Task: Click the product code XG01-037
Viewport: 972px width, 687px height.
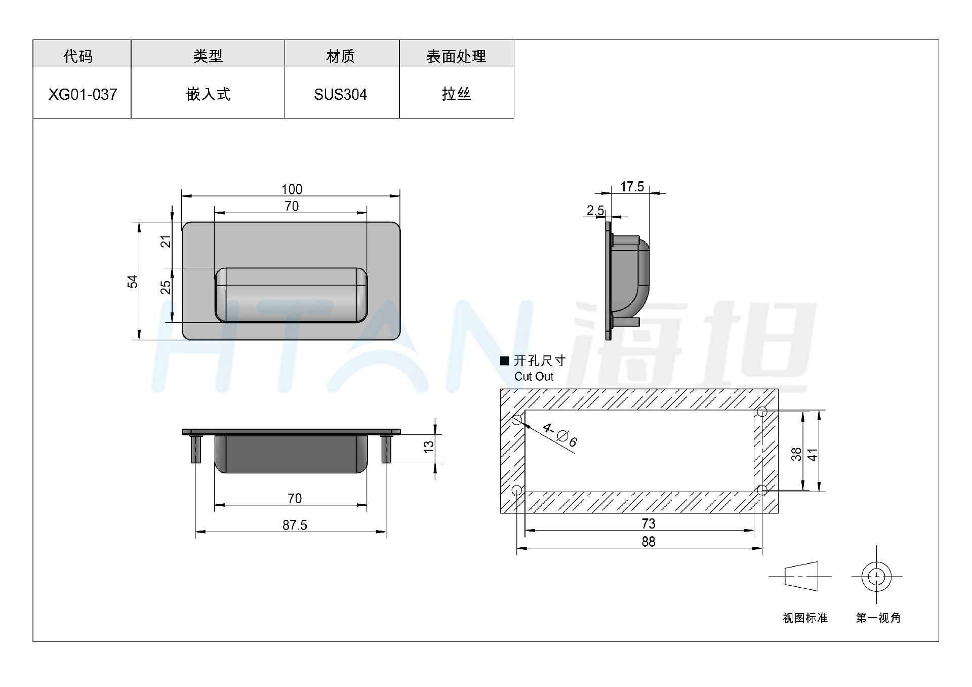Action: tap(83, 95)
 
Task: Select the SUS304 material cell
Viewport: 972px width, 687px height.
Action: tap(340, 95)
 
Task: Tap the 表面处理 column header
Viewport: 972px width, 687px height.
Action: tap(456, 56)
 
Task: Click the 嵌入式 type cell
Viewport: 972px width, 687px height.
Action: tap(208, 94)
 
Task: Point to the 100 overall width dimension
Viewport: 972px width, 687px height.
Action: tap(292, 189)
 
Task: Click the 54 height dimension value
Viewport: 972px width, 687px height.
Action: tap(132, 281)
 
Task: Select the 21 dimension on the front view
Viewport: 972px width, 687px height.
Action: tap(166, 242)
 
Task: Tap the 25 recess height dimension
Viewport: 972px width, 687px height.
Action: tap(166, 288)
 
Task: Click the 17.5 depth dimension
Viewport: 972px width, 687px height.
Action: tap(632, 187)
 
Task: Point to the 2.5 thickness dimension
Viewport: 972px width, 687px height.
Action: tap(595, 210)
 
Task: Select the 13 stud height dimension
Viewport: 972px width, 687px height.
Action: tap(429, 447)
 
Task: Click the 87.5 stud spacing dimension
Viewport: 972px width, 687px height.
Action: tap(295, 525)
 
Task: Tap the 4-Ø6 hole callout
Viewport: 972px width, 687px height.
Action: tap(560, 435)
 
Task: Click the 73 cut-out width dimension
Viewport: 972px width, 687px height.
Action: tap(648, 523)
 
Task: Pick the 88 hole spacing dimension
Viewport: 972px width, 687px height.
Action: tap(648, 542)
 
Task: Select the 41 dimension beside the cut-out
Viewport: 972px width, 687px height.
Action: tap(812, 455)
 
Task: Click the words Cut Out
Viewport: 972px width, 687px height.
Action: tap(534, 377)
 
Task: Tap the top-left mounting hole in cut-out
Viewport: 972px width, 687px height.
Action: tap(517, 420)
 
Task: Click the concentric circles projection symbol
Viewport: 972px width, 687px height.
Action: tap(876, 577)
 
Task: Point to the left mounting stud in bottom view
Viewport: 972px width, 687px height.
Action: tap(196, 449)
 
